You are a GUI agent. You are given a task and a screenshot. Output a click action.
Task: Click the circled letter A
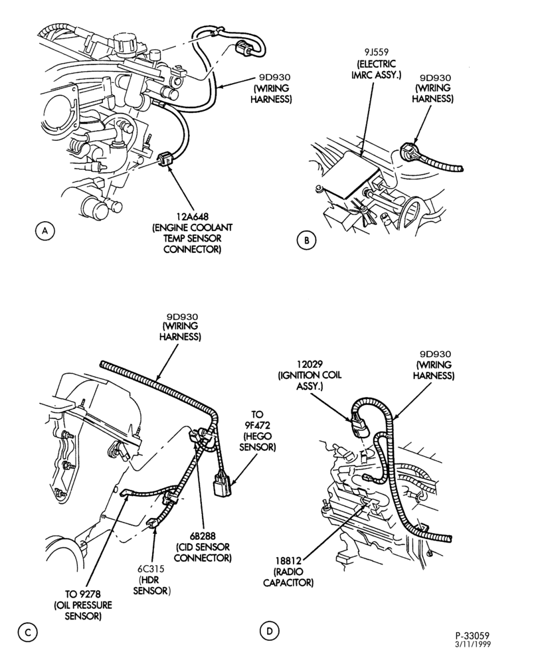(x=44, y=230)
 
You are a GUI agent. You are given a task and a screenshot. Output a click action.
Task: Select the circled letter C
(x=27, y=633)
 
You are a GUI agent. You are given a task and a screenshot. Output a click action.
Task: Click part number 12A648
(x=191, y=217)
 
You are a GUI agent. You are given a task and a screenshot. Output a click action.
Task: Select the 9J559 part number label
(x=377, y=53)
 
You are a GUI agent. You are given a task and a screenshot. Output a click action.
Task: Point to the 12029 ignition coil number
(x=310, y=364)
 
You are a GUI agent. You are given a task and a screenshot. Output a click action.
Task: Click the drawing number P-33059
(x=473, y=635)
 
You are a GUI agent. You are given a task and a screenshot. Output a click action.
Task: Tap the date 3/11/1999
(x=473, y=644)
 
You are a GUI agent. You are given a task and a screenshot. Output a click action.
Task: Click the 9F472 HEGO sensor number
(x=258, y=425)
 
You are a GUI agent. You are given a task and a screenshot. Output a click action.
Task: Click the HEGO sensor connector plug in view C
(x=222, y=484)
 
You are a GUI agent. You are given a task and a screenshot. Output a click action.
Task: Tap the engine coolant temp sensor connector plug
(x=165, y=159)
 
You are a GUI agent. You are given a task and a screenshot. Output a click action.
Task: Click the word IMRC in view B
(x=363, y=75)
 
